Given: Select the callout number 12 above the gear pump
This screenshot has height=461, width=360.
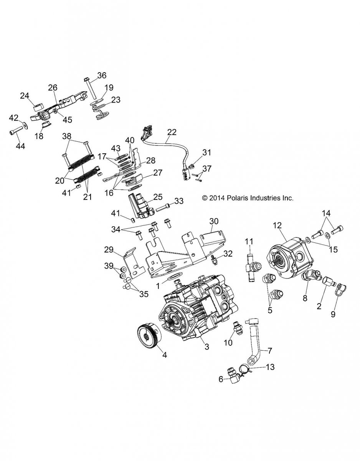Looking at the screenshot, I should click(x=277, y=226).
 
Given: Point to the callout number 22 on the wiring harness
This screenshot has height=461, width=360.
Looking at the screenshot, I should click(x=172, y=133).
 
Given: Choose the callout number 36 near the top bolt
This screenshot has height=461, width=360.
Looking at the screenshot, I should click(x=102, y=75).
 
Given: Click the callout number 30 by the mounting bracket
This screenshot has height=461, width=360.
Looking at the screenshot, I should click(x=214, y=221).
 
